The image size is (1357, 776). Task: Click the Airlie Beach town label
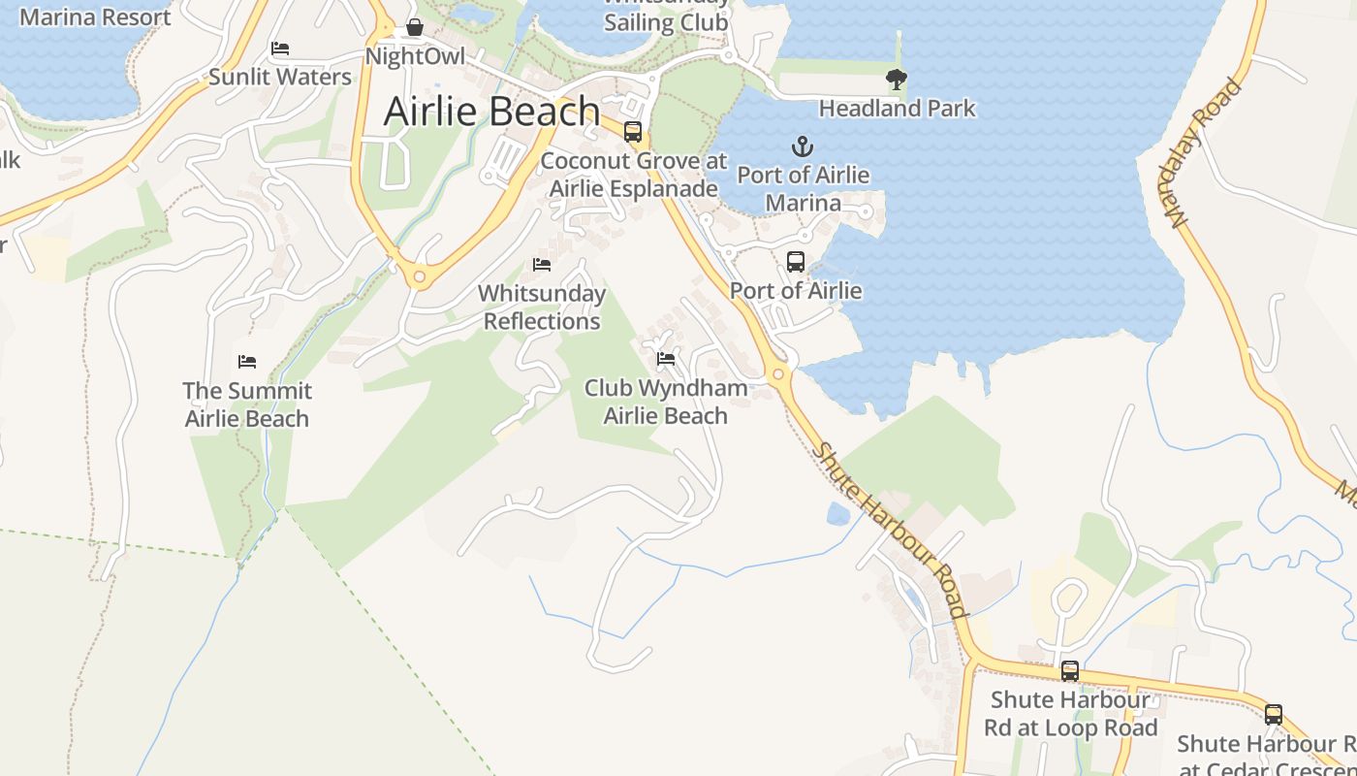pos(491,112)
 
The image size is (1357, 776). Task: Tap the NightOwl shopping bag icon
pos(415,27)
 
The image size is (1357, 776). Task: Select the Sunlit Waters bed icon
pos(280,48)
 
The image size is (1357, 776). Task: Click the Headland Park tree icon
pos(897,79)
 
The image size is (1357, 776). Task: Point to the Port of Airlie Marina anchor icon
pos(803,147)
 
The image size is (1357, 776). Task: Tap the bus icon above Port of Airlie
pos(796,261)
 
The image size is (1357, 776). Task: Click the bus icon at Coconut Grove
pos(633,131)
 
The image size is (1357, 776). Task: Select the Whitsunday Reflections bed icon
pos(542,264)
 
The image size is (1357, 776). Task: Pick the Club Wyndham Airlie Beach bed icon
pos(666,359)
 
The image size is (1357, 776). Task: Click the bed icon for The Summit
pos(247,362)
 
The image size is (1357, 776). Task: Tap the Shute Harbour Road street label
pos(890,530)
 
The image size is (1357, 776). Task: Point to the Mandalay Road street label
pos(1205,153)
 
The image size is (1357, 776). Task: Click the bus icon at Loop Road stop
pos(1070,670)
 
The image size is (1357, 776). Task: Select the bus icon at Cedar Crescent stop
pos(1274,715)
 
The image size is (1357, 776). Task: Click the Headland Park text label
pos(897,108)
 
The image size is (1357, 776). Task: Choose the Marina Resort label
pos(95,16)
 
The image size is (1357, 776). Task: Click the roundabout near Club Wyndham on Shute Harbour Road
pos(777,374)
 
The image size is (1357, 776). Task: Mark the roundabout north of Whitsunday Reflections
pos(419,277)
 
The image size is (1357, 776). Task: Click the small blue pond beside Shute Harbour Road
pos(838,513)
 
